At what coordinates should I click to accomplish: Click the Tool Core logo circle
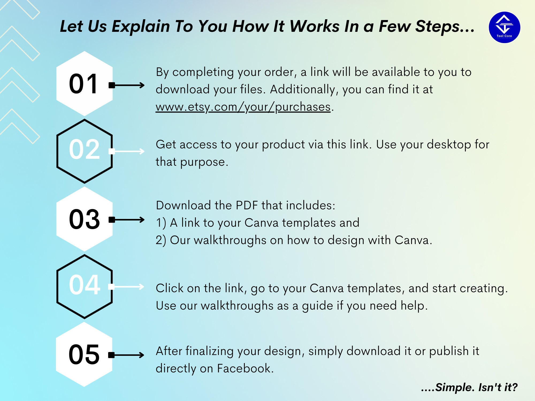504,27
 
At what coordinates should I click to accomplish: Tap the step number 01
83,84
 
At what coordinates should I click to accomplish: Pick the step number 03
84,219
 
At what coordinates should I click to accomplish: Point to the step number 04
85,285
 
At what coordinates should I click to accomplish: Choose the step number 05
84,354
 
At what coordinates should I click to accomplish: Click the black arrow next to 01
127,85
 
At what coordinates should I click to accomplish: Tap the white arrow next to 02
127,151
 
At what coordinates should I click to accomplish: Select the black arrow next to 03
127,220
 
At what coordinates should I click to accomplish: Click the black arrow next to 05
126,355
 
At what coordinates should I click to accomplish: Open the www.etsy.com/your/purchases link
243,107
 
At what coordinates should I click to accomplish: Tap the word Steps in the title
437,26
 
